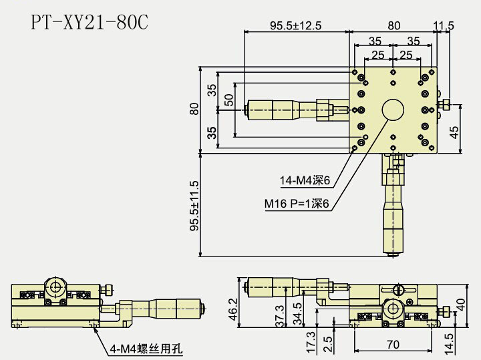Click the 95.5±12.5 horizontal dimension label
(x=295, y=26)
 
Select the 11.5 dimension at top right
(x=444, y=26)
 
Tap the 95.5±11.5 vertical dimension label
(x=194, y=206)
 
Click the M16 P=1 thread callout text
(x=297, y=204)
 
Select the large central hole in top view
(x=393, y=110)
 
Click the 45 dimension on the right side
(x=455, y=132)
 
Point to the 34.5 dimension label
(x=297, y=313)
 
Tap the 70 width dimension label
(x=393, y=345)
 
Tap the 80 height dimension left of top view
(x=194, y=110)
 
